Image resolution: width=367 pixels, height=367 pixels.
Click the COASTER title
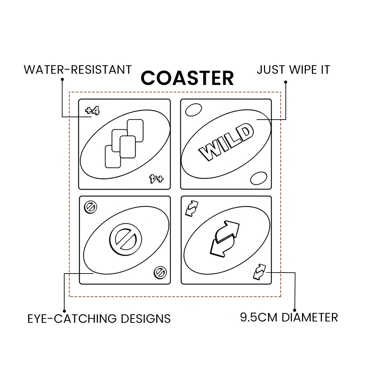coord(187,78)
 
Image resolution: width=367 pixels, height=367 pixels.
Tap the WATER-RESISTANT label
coord(77,70)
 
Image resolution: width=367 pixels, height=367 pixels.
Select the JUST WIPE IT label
coord(293,70)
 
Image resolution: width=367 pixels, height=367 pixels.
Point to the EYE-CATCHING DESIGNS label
coord(99,319)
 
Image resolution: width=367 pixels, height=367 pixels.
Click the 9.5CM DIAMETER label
coord(289,317)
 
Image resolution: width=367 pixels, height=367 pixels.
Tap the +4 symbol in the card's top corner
coord(92,110)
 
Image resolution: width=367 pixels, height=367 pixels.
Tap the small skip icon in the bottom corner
coord(159,273)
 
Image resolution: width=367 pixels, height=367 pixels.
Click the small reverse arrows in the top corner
coord(192,208)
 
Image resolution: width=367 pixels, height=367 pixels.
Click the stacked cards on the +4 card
coord(124,143)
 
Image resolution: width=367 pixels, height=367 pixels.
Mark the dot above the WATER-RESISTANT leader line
coord(62,80)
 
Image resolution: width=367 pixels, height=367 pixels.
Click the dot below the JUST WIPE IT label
coord(285,82)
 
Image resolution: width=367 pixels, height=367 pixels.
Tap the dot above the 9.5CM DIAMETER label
coord(294,309)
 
